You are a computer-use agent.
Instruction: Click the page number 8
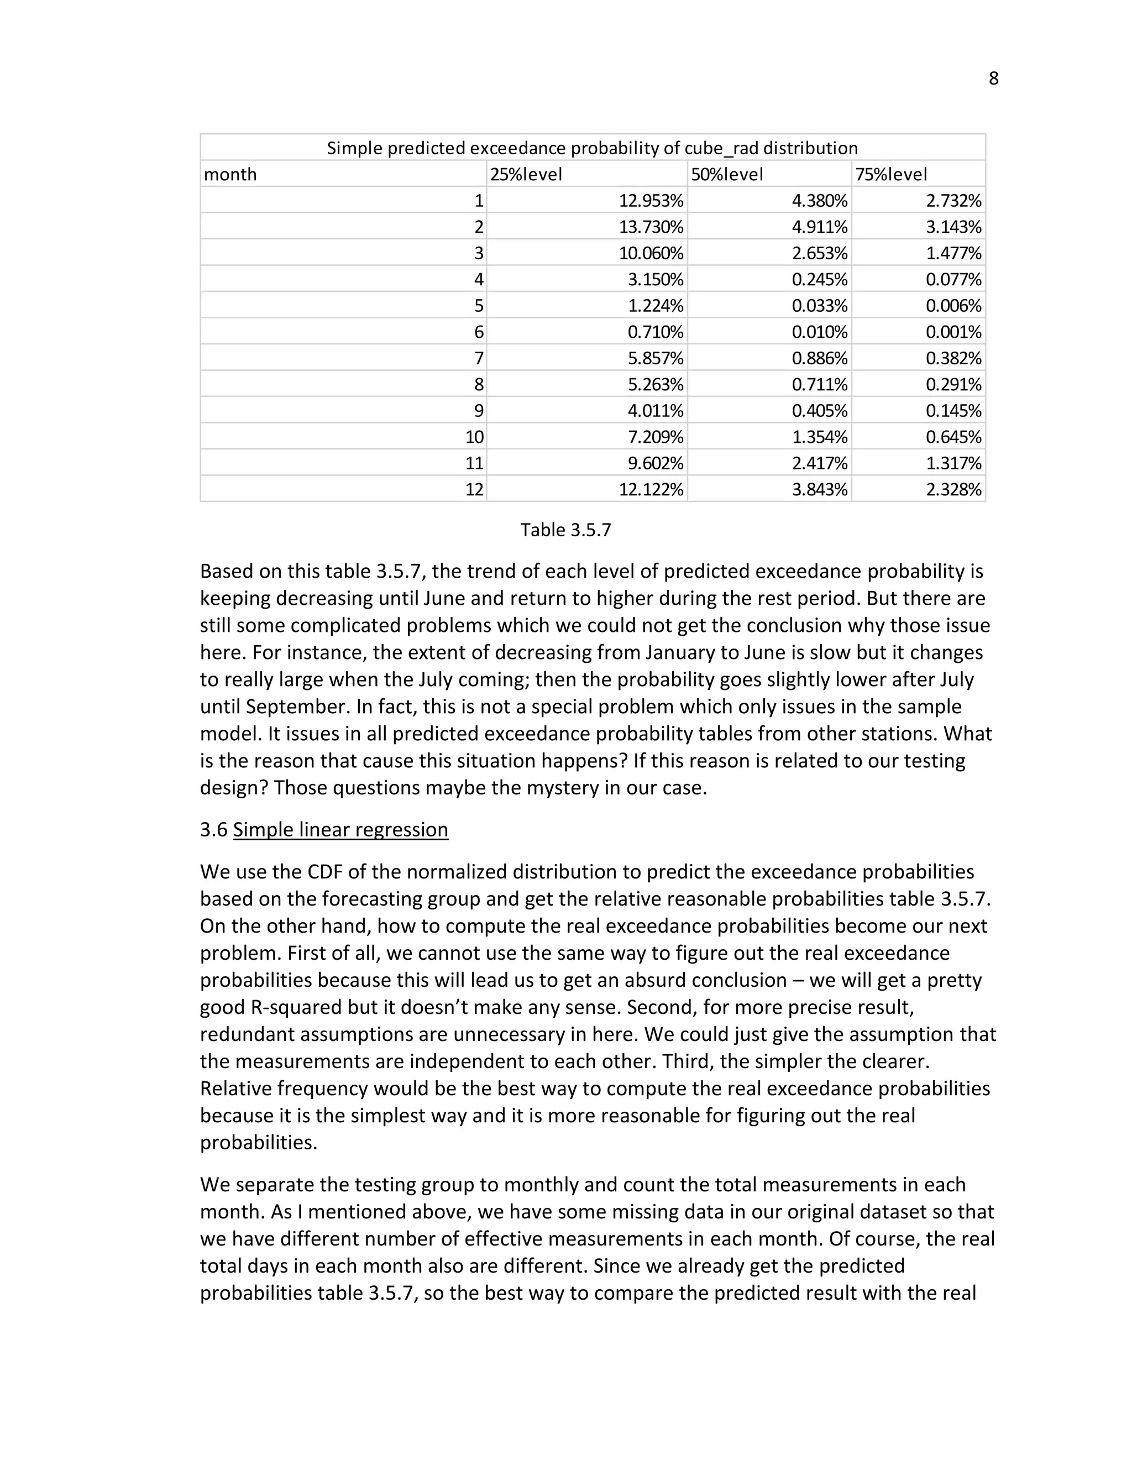[x=993, y=79]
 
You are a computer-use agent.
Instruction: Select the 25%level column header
[x=526, y=174]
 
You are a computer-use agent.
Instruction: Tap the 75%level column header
[x=890, y=174]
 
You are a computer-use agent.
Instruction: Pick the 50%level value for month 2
[x=820, y=227]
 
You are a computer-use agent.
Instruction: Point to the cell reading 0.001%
[x=953, y=332]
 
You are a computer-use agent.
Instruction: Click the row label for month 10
[x=474, y=437]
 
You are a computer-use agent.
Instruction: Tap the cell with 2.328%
[x=953, y=490]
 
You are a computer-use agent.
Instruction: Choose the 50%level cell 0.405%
[x=820, y=411]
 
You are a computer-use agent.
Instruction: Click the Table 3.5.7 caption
[x=565, y=530]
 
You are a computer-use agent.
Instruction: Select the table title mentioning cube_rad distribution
[x=592, y=148]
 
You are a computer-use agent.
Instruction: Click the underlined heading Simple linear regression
[x=340, y=830]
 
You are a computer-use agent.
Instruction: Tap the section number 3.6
[x=214, y=830]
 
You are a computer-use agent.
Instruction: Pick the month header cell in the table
[x=230, y=174]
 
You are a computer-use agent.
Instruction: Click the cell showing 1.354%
[x=820, y=437]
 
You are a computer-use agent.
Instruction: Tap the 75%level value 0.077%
[x=953, y=280]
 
